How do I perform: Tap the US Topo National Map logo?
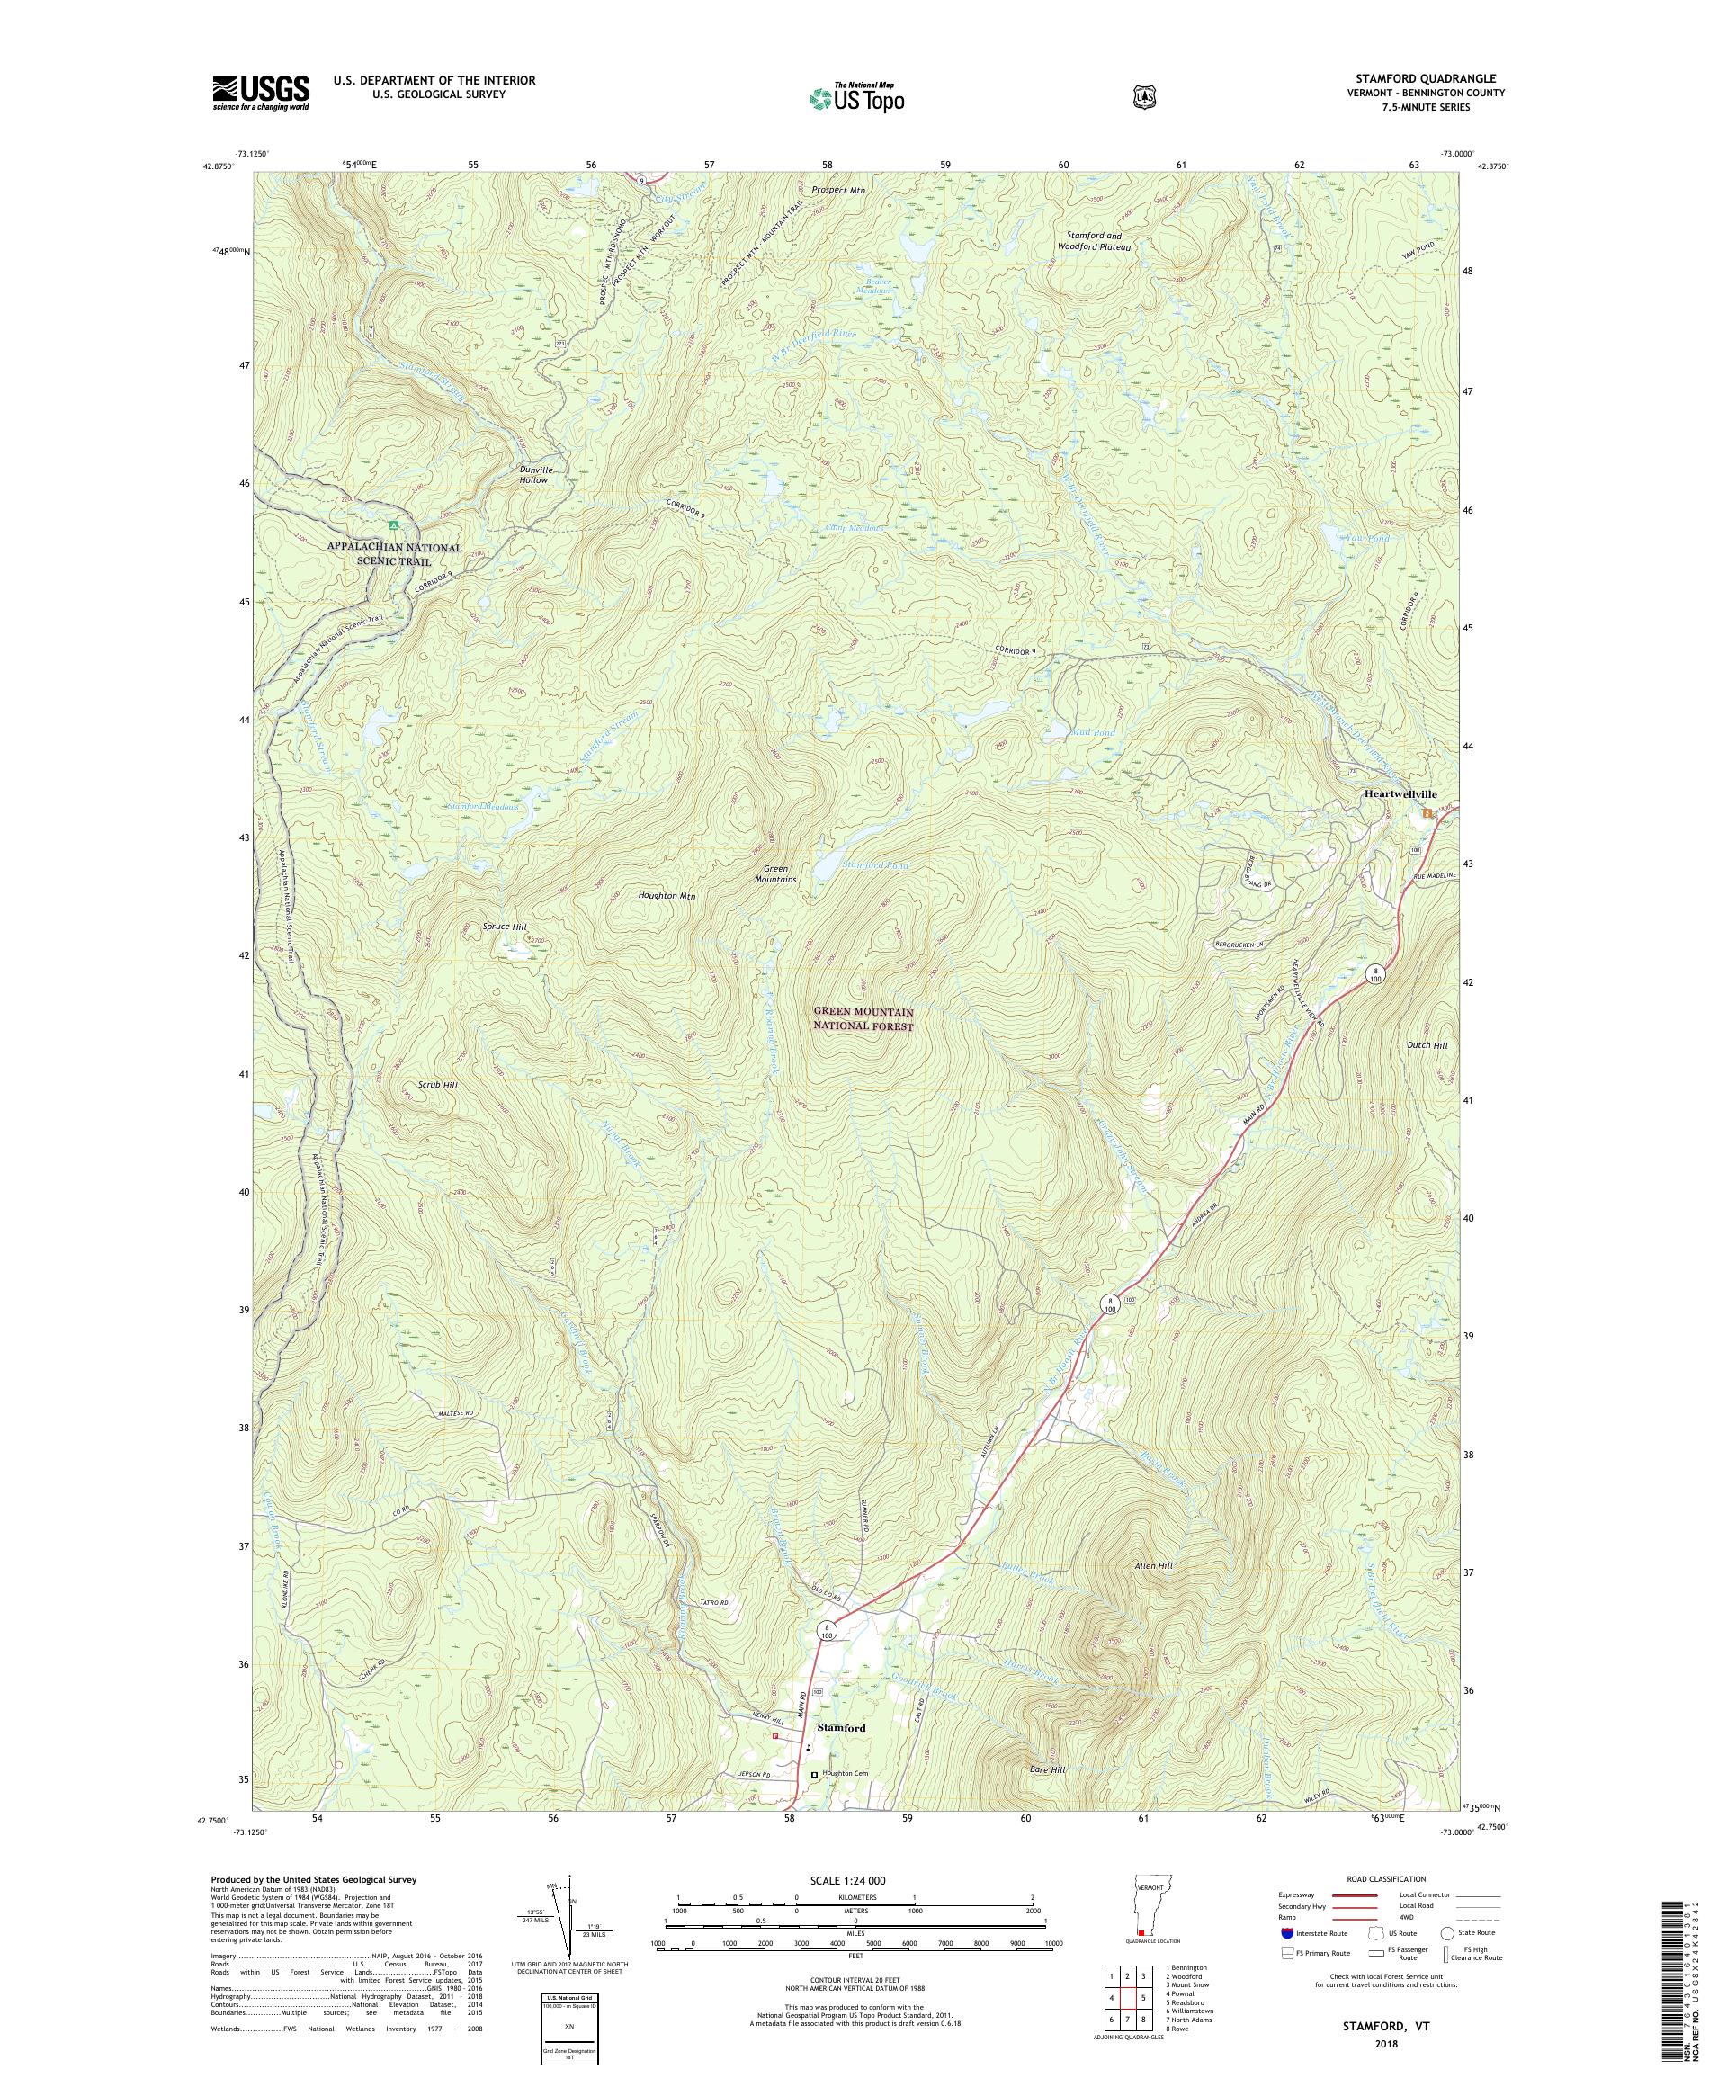[x=855, y=97]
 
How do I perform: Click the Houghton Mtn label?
[x=666, y=895]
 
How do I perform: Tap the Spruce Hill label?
[x=505, y=926]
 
